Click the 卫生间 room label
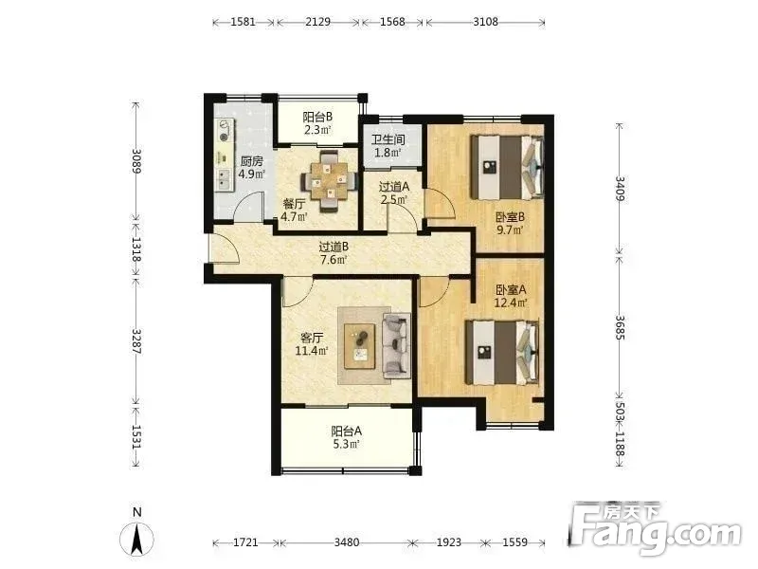(388, 139)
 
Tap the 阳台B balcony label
(317, 117)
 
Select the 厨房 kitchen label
(251, 161)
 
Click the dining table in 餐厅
(329, 181)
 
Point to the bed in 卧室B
(508, 168)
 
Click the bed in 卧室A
(502, 353)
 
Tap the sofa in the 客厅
(396, 345)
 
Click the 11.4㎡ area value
(312, 350)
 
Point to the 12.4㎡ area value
(511, 303)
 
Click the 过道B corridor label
(334, 247)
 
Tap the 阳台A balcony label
(346, 431)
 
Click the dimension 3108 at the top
(485, 22)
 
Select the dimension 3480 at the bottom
(347, 542)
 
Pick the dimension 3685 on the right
(621, 327)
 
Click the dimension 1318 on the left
(136, 249)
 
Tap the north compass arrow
(137, 538)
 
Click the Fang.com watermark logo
(655, 530)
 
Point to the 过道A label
(394, 186)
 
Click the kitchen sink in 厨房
(225, 179)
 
